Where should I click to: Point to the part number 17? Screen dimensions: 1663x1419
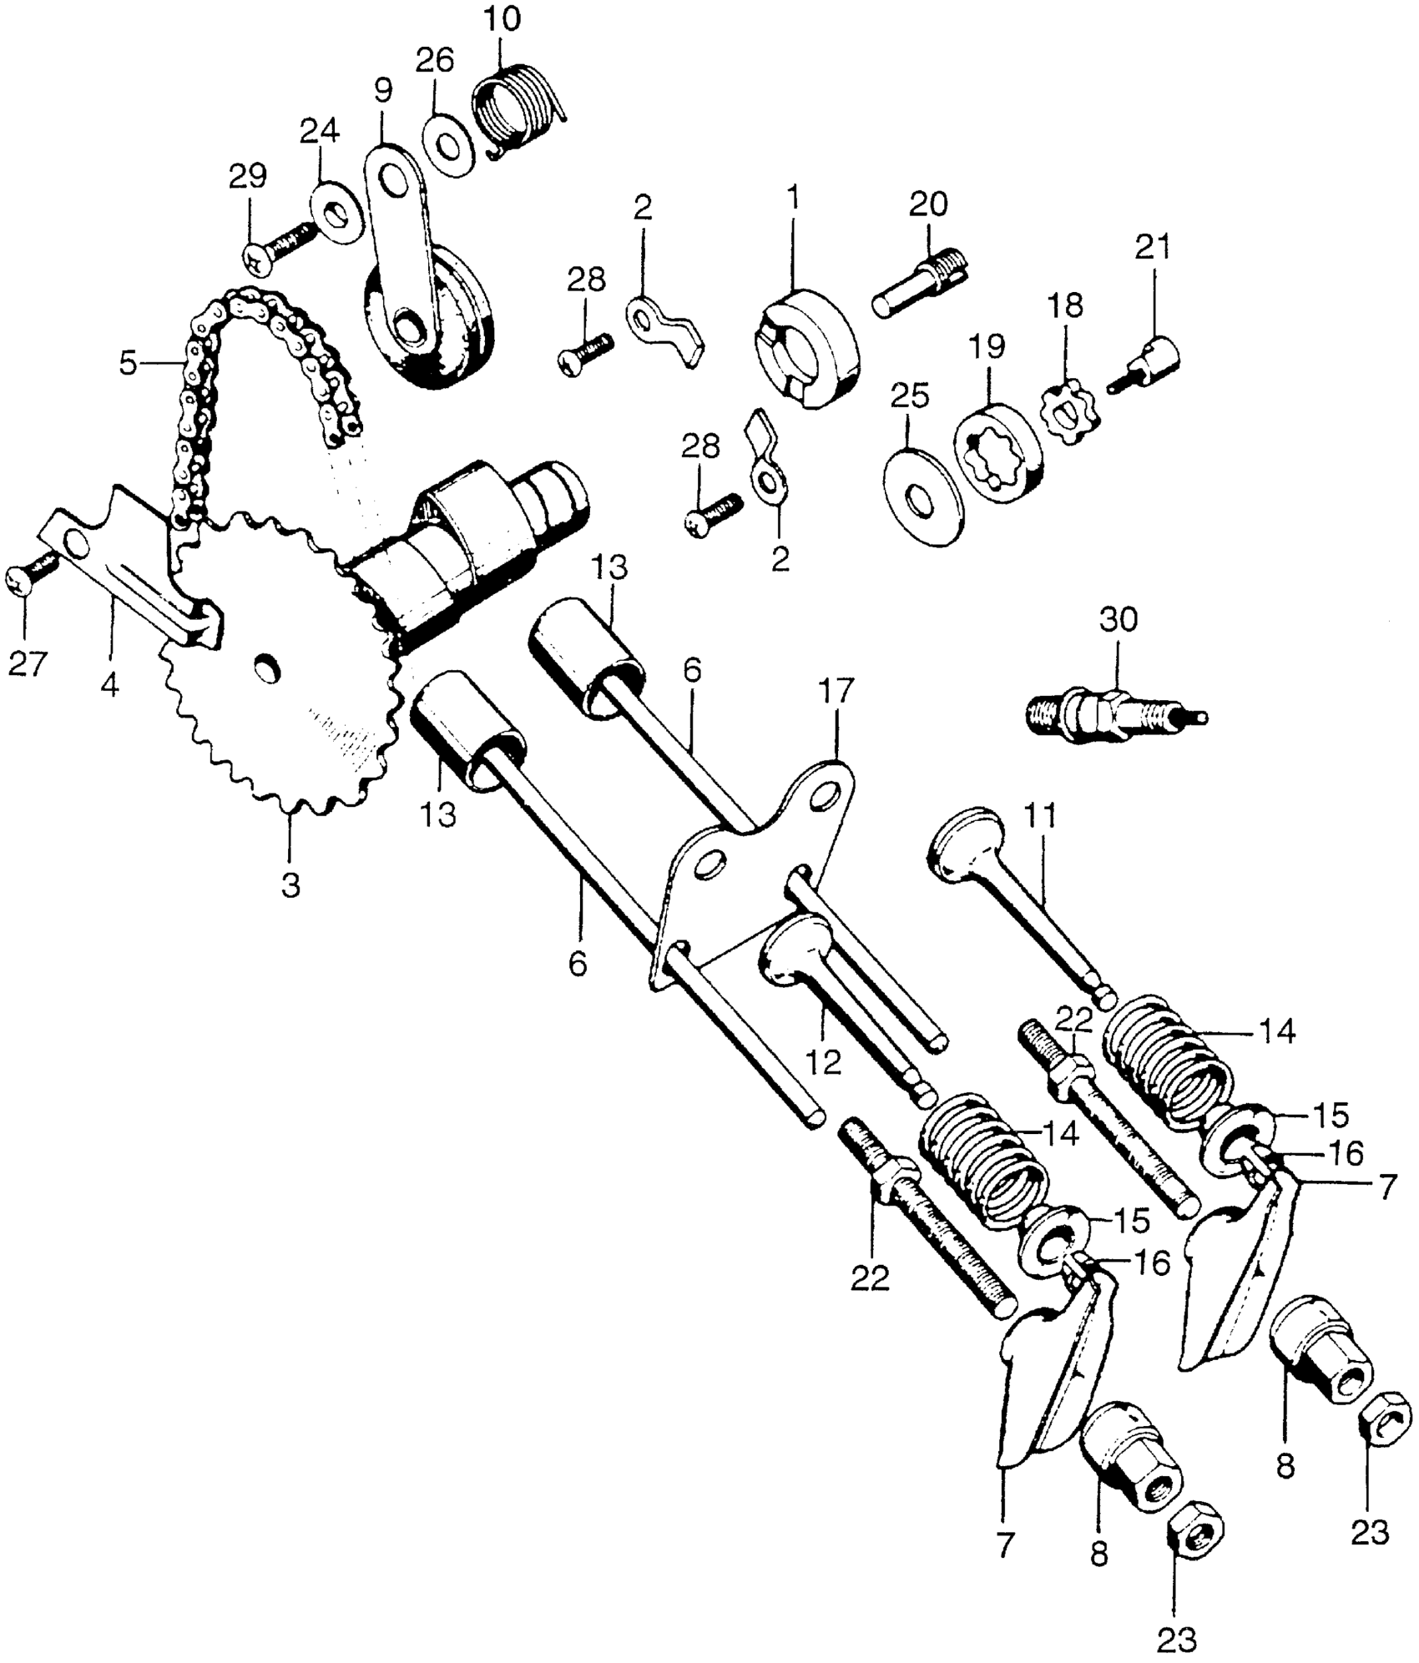coord(836,692)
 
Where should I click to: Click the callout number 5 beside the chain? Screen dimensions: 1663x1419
coord(128,364)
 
